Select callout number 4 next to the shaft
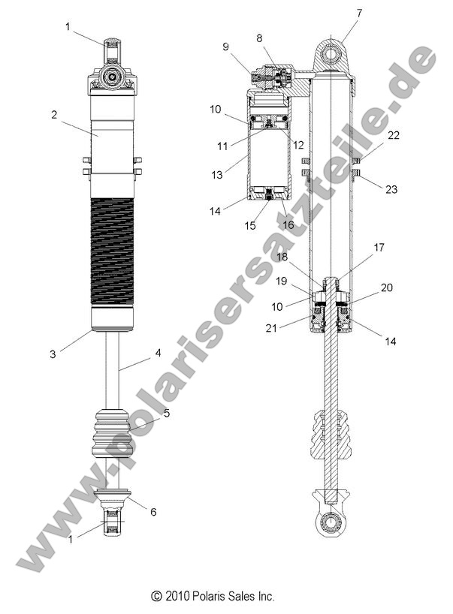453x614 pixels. click(x=159, y=352)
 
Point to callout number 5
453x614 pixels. click(x=167, y=413)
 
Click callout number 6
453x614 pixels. click(x=153, y=512)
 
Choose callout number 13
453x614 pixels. click(x=217, y=174)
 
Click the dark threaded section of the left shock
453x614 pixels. click(x=112, y=251)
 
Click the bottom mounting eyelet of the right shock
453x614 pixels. click(x=331, y=522)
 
